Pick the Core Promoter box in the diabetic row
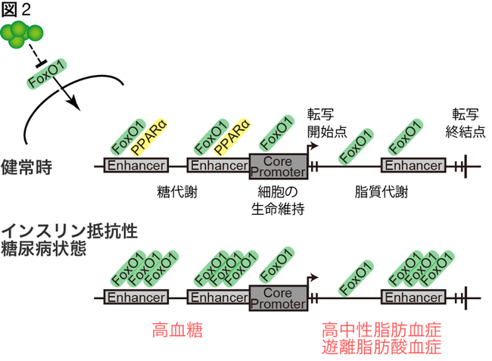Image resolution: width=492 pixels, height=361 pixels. tap(278, 298)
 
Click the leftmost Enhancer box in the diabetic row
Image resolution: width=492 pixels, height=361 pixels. tap(137, 298)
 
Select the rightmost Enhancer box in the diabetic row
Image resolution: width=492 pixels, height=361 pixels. tap(413, 298)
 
